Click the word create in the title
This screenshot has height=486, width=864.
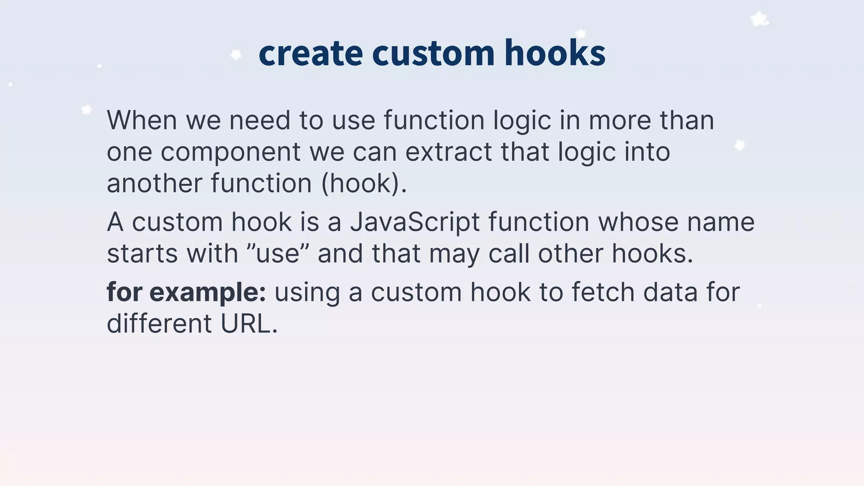tap(310, 54)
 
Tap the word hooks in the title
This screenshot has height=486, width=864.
tap(555, 54)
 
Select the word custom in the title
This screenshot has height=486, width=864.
tap(433, 54)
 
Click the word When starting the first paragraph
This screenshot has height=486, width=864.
tap(142, 120)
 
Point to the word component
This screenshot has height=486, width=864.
tap(231, 153)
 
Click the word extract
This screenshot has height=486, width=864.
tap(448, 152)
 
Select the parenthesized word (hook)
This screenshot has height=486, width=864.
tap(364, 184)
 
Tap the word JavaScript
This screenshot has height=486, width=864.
tap(415, 222)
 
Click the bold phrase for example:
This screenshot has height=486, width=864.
tap(186, 292)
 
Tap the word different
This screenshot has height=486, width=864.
tap(159, 324)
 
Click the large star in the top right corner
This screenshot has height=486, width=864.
tap(759, 19)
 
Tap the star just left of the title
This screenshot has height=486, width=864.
tap(236, 55)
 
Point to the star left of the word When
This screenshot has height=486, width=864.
tap(86, 110)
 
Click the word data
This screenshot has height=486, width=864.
tap(670, 292)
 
